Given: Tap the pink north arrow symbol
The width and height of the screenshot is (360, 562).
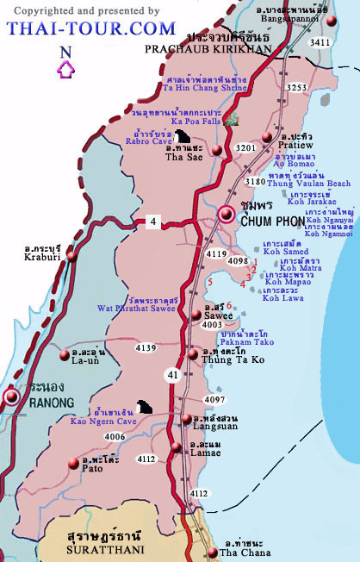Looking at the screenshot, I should pos(65,70).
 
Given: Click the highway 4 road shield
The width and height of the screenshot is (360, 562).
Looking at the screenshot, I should pos(152,222).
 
